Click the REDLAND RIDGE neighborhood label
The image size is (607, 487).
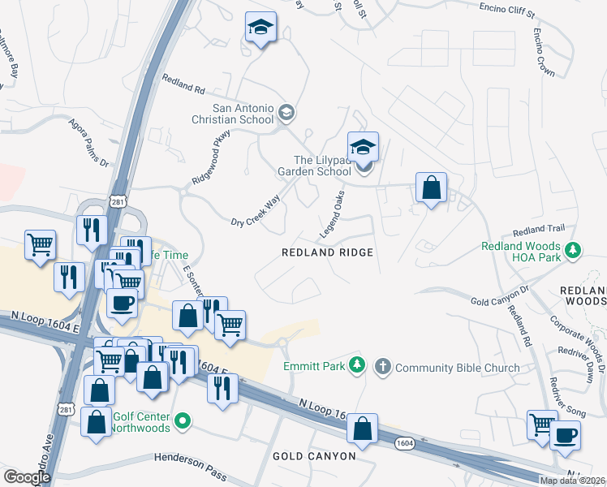tap(327, 252)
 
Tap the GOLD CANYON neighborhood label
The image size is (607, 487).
tap(314, 456)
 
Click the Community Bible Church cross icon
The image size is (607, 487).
tap(383, 367)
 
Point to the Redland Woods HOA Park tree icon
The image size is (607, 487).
tap(574, 249)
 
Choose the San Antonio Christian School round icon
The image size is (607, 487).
tap(286, 112)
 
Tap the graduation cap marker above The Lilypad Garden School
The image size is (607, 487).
tap(363, 147)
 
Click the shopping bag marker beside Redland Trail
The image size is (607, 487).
tap(432, 188)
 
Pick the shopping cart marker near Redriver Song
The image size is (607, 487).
tap(541, 424)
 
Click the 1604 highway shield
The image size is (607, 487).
tap(407, 442)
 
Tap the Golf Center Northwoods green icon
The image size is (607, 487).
tap(183, 420)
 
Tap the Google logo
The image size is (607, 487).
tap(26, 477)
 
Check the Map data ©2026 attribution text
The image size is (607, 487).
tap(572, 481)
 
